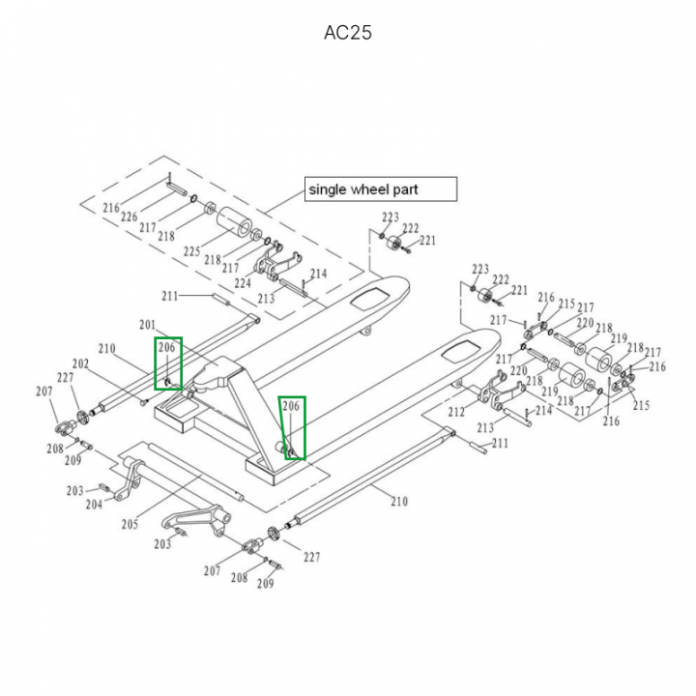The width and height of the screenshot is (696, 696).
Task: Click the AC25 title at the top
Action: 347,33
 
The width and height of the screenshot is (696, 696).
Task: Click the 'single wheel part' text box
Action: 380,188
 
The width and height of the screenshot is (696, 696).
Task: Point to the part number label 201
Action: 147,325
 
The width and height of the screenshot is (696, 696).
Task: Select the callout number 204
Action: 94,504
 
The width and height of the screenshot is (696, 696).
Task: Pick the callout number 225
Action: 191,252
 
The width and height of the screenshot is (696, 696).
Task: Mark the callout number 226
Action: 129,217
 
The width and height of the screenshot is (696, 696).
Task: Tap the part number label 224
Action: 243,283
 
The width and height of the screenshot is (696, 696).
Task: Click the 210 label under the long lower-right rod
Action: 398,501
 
